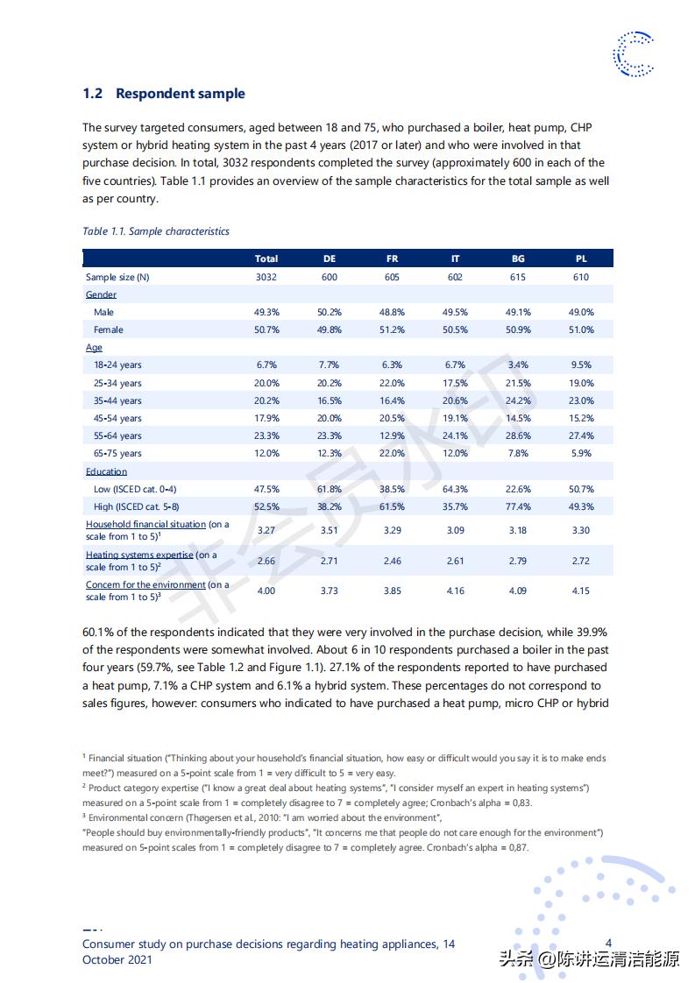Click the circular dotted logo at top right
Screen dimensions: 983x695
coord(633,53)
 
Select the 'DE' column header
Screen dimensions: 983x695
coord(329,258)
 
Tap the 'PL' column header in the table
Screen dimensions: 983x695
coord(581,258)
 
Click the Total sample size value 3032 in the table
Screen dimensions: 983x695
coord(266,277)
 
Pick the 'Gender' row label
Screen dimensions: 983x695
coord(101,294)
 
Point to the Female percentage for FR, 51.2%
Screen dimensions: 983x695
coord(392,330)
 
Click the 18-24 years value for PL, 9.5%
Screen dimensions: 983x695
coord(581,365)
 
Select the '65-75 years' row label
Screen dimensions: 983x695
coord(117,454)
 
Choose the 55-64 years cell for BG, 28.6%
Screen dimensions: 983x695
coord(518,435)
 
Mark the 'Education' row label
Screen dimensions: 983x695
coord(106,471)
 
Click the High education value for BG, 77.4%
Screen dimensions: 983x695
coord(518,506)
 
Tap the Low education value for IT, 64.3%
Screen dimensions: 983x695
coord(455,489)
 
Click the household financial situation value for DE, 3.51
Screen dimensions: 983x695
coord(329,530)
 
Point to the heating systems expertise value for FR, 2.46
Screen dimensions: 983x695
coord(392,561)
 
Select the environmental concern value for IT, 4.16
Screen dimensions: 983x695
coord(455,591)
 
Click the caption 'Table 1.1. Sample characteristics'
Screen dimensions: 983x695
coord(156,231)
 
